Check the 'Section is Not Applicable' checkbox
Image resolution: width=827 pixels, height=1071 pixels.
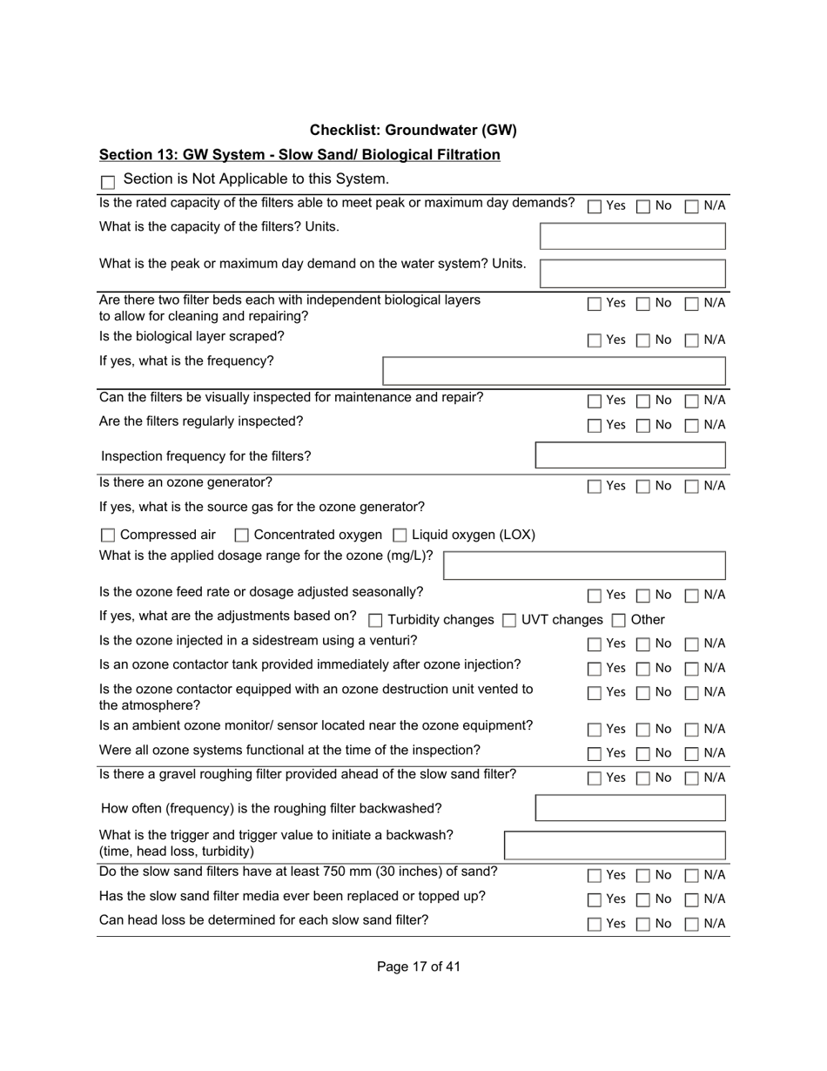click(108, 182)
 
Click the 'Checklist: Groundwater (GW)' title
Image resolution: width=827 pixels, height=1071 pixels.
click(413, 130)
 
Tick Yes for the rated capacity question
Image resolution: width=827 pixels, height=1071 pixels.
click(595, 207)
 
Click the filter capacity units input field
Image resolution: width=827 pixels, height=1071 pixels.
click(632, 236)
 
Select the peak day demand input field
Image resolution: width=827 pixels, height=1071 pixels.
click(632, 273)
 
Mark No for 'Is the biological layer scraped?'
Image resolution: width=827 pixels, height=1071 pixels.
click(642, 341)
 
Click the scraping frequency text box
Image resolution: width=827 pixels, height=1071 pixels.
click(554, 371)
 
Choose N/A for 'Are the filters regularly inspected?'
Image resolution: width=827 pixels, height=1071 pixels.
click(691, 426)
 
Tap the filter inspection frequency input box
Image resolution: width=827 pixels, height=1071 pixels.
click(630, 455)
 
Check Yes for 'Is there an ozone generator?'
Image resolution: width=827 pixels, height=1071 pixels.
click(595, 487)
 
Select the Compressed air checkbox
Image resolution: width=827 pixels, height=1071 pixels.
click(108, 535)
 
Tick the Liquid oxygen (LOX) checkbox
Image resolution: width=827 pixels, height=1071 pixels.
click(400, 535)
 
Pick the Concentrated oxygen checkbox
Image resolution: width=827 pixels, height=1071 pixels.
click(242, 535)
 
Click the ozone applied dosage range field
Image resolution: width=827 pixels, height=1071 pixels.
click(584, 565)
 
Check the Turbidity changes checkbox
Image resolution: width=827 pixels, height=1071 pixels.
click(375, 621)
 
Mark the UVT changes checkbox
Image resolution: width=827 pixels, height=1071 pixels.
click(509, 621)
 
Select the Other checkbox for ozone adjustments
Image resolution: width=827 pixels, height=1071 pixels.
click(618, 621)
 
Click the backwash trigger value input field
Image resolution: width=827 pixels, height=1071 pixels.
click(615, 845)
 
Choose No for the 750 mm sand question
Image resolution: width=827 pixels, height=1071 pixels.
click(642, 876)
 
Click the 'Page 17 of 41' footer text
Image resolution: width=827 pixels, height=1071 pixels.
click(419, 967)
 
